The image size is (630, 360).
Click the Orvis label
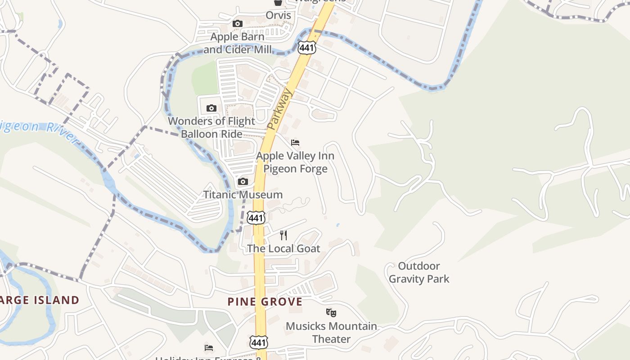point(278,15)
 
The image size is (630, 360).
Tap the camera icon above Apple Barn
point(238,24)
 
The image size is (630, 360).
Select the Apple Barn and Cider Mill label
point(238,43)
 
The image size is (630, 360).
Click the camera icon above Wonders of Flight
point(211,108)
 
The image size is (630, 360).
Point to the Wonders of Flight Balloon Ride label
point(211,127)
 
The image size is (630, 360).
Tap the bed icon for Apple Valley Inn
point(295,143)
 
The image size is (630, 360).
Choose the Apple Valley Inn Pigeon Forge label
point(295,162)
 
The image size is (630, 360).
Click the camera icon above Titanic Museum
point(243,182)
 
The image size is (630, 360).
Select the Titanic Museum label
point(243,195)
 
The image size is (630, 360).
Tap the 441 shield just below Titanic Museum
point(256,218)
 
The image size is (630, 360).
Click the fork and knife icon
point(283,235)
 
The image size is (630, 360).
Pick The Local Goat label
point(283,248)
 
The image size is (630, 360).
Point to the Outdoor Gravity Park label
point(419,272)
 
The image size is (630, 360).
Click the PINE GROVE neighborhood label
point(265,301)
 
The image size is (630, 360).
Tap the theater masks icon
point(331,312)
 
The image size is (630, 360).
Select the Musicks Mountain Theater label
point(331,332)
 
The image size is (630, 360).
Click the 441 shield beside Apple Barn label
point(306,47)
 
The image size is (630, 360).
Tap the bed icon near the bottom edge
point(209,348)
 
